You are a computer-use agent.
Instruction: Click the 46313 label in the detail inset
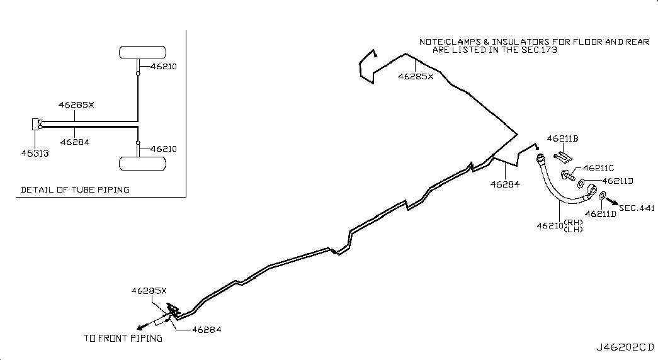35,154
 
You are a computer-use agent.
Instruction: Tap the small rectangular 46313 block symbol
35,124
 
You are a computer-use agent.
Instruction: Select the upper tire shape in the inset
143,52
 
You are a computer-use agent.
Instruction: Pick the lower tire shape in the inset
143,164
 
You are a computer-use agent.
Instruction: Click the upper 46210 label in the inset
164,66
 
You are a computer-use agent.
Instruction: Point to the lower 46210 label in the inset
164,149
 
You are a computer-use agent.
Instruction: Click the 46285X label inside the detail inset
76,105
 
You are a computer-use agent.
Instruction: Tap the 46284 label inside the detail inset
75,142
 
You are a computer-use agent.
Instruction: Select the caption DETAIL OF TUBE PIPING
75,189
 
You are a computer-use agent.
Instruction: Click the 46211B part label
562,138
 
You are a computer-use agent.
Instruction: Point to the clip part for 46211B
563,157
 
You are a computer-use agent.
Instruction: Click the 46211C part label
598,168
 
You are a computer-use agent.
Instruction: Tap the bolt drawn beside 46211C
568,175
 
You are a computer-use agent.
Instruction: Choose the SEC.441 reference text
637,208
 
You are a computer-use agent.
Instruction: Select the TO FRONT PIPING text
123,338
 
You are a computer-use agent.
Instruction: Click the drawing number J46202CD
625,347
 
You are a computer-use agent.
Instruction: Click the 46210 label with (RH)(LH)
560,226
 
